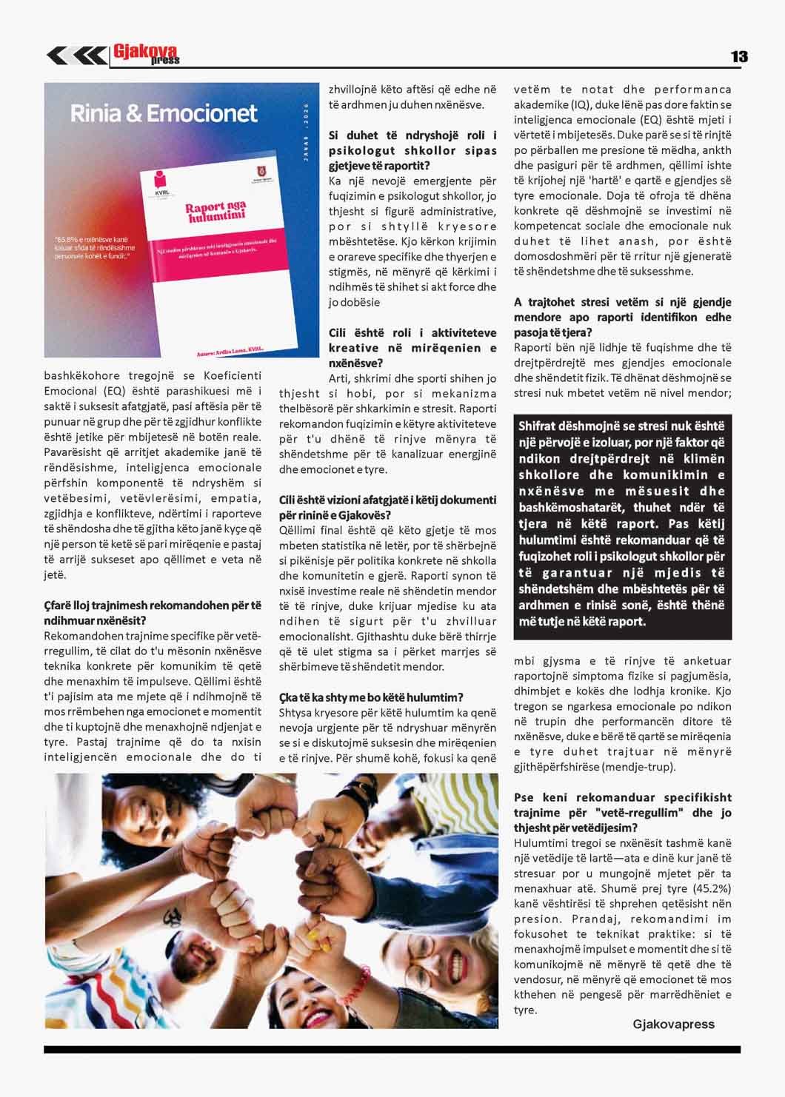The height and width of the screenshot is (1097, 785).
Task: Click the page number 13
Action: point(738,56)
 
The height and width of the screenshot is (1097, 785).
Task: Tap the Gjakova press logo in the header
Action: point(147,54)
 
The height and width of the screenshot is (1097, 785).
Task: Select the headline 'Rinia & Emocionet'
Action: point(164,113)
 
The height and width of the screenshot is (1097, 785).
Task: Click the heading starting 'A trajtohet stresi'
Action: point(622,317)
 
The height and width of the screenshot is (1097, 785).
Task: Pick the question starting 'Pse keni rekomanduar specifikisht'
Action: point(622,812)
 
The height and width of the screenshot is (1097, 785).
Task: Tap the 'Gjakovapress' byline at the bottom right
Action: point(673,1024)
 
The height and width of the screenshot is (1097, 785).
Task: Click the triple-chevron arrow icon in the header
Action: point(76,56)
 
